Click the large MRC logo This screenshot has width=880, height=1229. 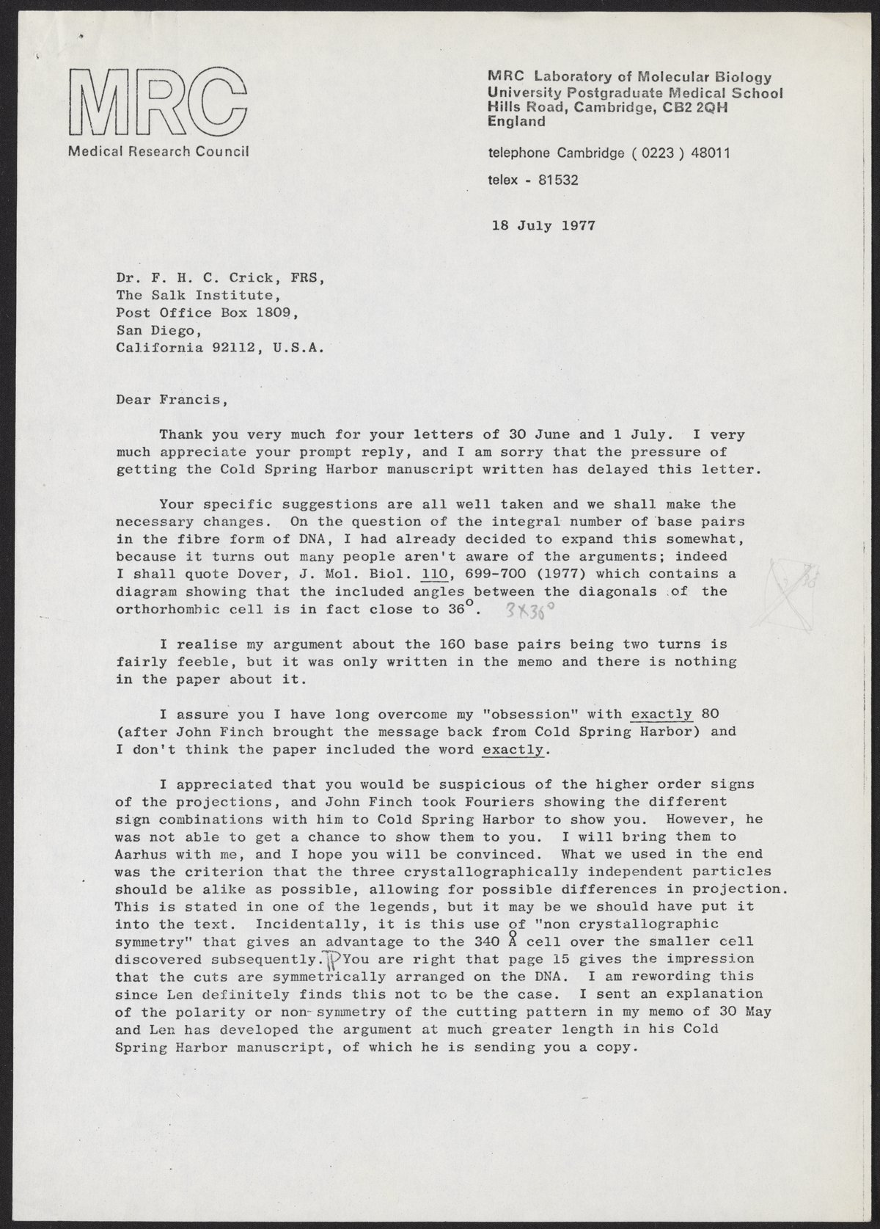click(158, 103)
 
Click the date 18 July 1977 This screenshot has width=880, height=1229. click(543, 225)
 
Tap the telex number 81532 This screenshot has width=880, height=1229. click(558, 179)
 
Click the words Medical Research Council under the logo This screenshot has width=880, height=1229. click(158, 152)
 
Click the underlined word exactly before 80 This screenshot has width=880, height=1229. click(661, 714)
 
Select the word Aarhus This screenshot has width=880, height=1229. click(142, 855)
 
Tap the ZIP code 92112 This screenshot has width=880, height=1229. click(235, 349)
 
